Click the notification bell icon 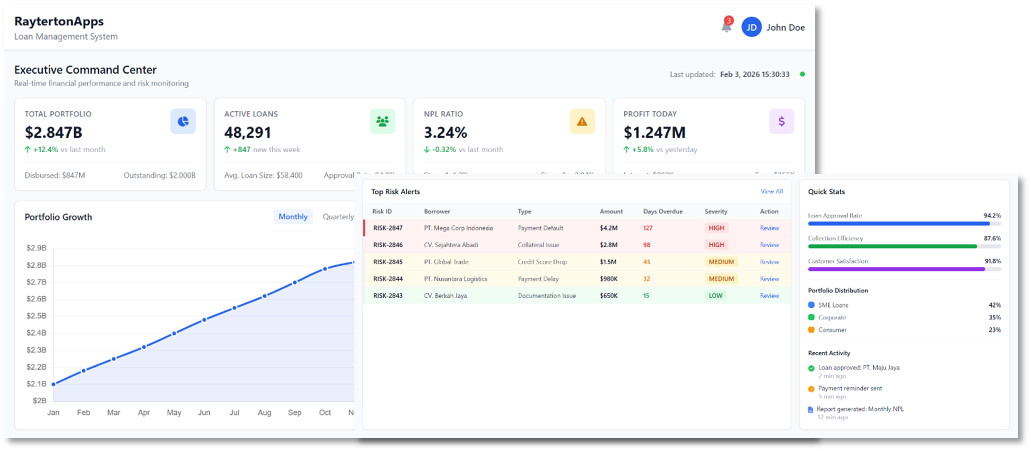[x=726, y=27]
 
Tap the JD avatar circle [x=752, y=27]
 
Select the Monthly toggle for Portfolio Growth [x=293, y=217]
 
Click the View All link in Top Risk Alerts [x=771, y=192]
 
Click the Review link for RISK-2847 [x=769, y=228]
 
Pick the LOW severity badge [x=715, y=296]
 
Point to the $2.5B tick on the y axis [x=36, y=316]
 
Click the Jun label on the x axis [x=204, y=413]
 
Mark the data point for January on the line [x=54, y=384]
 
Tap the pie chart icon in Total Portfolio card [x=183, y=121]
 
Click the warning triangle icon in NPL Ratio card [x=582, y=121]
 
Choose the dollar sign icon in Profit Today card [x=781, y=121]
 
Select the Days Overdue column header [x=663, y=212]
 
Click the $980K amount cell [x=609, y=279]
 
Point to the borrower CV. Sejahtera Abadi [x=451, y=245]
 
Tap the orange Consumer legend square [x=811, y=330]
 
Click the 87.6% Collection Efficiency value [x=992, y=238]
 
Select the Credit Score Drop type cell [x=542, y=262]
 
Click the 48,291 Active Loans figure [x=248, y=133]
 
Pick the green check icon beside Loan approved [x=811, y=368]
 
